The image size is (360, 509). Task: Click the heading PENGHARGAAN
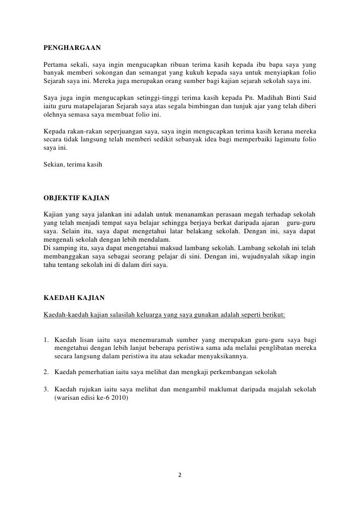pos(72,48)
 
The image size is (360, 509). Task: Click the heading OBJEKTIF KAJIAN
pos(77,199)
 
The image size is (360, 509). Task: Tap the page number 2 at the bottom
pos(180,475)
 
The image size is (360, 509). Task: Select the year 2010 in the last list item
pos(119,396)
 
